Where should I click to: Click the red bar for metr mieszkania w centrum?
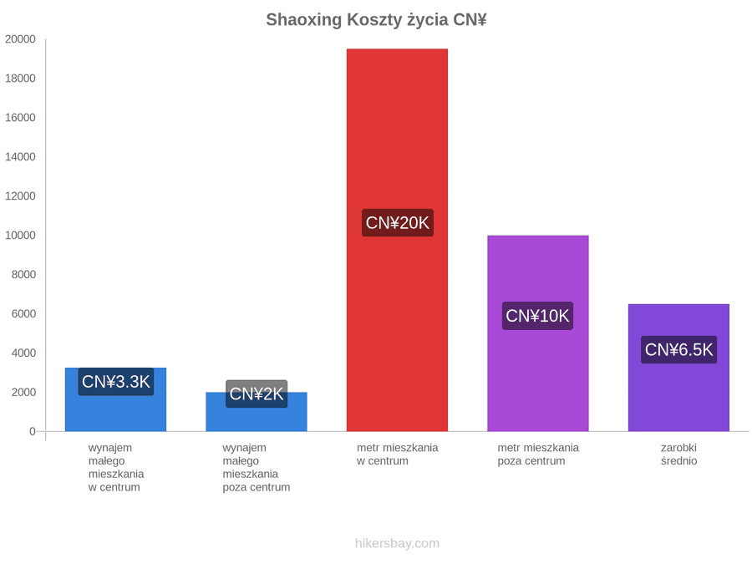tap(397, 240)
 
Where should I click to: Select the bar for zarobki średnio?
tap(678, 368)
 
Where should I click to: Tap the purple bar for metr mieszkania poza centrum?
tap(538, 333)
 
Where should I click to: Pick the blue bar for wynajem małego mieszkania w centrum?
tap(115, 399)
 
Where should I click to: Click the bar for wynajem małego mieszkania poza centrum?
tap(257, 412)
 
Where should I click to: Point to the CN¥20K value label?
tap(398, 222)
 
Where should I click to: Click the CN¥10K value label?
tap(537, 316)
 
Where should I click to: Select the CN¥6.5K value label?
tap(679, 349)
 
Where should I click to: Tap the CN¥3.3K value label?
tap(116, 382)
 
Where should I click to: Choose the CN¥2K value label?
tap(257, 394)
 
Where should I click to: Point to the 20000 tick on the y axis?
tap(20, 39)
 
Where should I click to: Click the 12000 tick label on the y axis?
tap(20, 196)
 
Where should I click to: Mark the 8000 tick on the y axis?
tap(23, 274)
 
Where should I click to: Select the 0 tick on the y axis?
tap(33, 431)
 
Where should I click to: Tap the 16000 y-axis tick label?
tap(20, 118)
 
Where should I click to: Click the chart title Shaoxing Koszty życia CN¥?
tap(377, 20)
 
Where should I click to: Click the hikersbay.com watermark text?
tap(397, 543)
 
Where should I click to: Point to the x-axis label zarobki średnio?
tap(678, 455)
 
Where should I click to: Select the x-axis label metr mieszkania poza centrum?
tap(538, 455)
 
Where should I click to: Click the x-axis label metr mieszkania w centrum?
tap(397, 455)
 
